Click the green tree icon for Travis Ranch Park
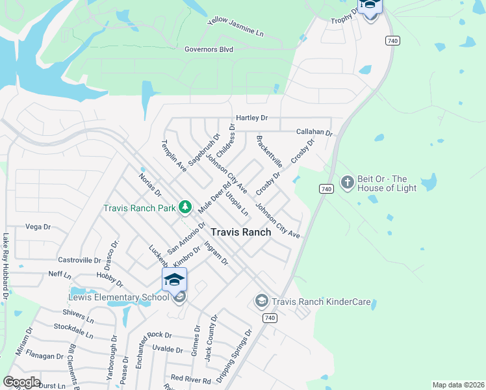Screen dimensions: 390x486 (185, 207)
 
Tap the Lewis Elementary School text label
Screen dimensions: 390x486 (119, 298)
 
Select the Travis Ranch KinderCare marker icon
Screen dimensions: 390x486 (261, 300)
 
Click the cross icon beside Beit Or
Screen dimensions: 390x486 (347, 183)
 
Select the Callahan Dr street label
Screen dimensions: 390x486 (314, 132)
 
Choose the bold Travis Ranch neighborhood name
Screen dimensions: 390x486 (240, 232)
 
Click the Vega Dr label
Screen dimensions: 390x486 (38, 227)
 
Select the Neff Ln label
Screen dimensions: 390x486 (60, 274)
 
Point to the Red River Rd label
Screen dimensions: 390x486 (190, 379)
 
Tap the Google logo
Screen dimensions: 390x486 (21, 382)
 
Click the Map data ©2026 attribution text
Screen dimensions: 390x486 (457, 385)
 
